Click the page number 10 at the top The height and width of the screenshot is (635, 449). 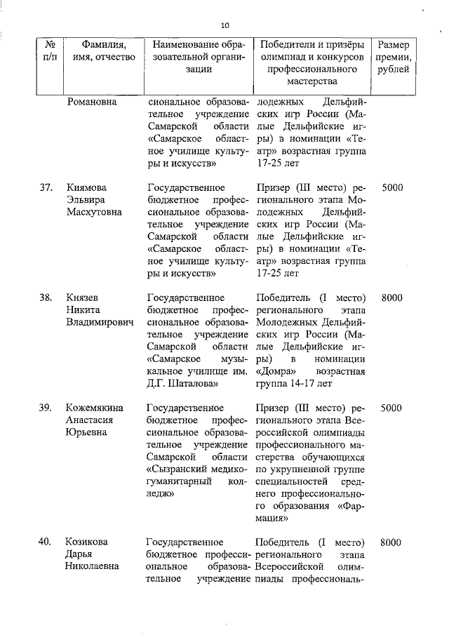click(x=224, y=25)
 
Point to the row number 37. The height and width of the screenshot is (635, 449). click(x=46, y=187)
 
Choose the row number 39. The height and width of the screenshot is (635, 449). click(x=46, y=407)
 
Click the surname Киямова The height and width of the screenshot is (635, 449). click(x=88, y=187)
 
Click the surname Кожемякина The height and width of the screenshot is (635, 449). click(x=95, y=407)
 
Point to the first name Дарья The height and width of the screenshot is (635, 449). click(x=81, y=554)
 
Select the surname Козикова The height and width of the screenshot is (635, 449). click(x=88, y=542)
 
